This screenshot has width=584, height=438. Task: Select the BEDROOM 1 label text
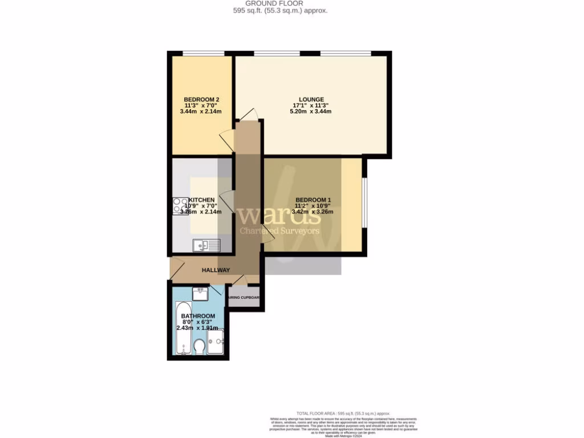tap(313, 200)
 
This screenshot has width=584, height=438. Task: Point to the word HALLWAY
tap(216, 270)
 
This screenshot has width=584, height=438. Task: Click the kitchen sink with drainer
tap(206, 245)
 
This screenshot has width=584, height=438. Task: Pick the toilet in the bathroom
tap(199, 346)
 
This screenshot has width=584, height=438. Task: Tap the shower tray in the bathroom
tap(215, 342)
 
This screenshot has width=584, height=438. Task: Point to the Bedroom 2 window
tap(199, 54)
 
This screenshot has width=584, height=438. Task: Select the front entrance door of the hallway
tap(175, 267)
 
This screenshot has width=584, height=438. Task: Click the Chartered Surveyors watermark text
tap(279, 231)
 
